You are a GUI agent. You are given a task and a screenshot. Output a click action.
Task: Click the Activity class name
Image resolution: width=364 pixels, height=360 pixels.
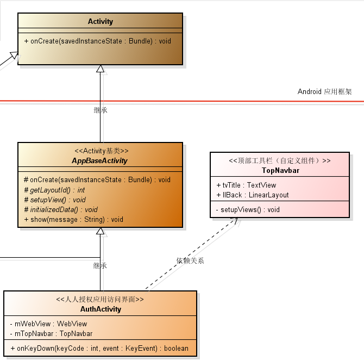(101, 22)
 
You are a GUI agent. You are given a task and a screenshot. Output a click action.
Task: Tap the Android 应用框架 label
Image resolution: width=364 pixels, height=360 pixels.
(324, 91)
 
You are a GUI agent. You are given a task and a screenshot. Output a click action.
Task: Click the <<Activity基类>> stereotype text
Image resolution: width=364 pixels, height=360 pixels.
(101, 151)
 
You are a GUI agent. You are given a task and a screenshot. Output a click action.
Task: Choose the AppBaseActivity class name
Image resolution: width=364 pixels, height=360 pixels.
(101, 161)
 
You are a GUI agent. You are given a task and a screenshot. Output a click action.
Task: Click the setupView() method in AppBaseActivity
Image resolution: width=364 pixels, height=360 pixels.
(55, 200)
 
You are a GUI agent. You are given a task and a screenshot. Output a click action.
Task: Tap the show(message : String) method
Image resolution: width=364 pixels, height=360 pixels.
(74, 220)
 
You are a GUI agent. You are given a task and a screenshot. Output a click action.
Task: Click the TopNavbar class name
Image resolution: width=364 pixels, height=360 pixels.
(280, 170)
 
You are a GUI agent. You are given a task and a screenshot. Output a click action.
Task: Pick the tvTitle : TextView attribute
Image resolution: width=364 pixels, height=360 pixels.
(246, 185)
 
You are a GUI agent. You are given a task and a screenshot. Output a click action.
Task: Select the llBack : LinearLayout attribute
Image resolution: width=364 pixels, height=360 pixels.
(253, 195)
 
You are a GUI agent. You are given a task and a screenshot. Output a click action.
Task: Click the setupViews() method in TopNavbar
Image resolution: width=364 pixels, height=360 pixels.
(248, 209)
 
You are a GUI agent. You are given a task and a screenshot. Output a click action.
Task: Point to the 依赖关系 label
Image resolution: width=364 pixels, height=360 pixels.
(190, 260)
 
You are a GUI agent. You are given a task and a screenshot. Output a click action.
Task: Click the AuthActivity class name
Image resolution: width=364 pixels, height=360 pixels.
(101, 309)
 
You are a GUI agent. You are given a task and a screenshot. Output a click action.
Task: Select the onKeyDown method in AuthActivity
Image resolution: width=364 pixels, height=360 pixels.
(99, 348)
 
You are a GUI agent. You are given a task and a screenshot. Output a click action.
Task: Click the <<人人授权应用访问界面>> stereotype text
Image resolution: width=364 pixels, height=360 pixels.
(101, 299)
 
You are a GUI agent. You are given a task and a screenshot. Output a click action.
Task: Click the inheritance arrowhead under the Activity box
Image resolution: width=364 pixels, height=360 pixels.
(100, 69)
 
